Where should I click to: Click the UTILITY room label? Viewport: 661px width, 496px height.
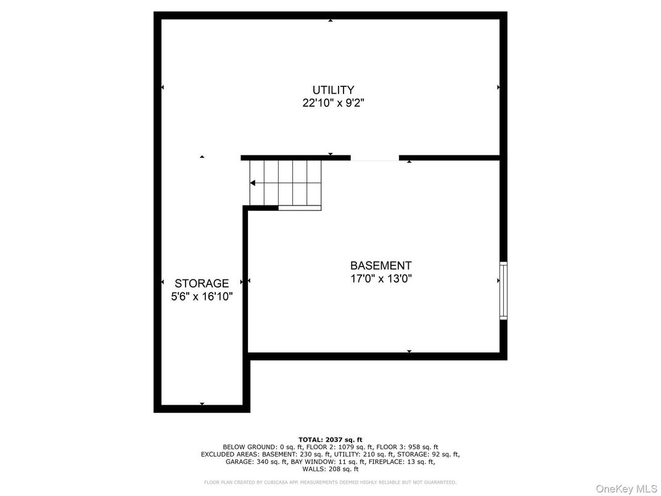coord(333,90)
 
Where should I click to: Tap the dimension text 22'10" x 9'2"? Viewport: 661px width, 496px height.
coord(333,103)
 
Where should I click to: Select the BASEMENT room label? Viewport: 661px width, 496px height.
coord(380,266)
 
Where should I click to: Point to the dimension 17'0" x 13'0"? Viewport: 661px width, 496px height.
coord(380,279)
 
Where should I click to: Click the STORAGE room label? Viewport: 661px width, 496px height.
coord(202,283)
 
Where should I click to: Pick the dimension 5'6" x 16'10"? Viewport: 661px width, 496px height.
coord(202,297)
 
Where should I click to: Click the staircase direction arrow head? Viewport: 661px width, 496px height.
coord(253,183)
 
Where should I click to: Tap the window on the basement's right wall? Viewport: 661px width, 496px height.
coord(503,291)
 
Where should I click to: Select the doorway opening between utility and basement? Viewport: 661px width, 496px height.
coord(375,158)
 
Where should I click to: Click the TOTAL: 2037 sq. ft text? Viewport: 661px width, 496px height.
coord(330,440)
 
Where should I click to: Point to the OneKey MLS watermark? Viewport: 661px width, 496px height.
coord(627,489)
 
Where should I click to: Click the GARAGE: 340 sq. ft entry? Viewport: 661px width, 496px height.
coord(257,462)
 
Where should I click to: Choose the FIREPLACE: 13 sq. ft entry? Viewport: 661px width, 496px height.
coord(402,462)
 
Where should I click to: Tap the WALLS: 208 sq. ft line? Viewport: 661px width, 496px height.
coord(330,469)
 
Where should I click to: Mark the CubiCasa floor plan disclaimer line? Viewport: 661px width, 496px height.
coord(330,482)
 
